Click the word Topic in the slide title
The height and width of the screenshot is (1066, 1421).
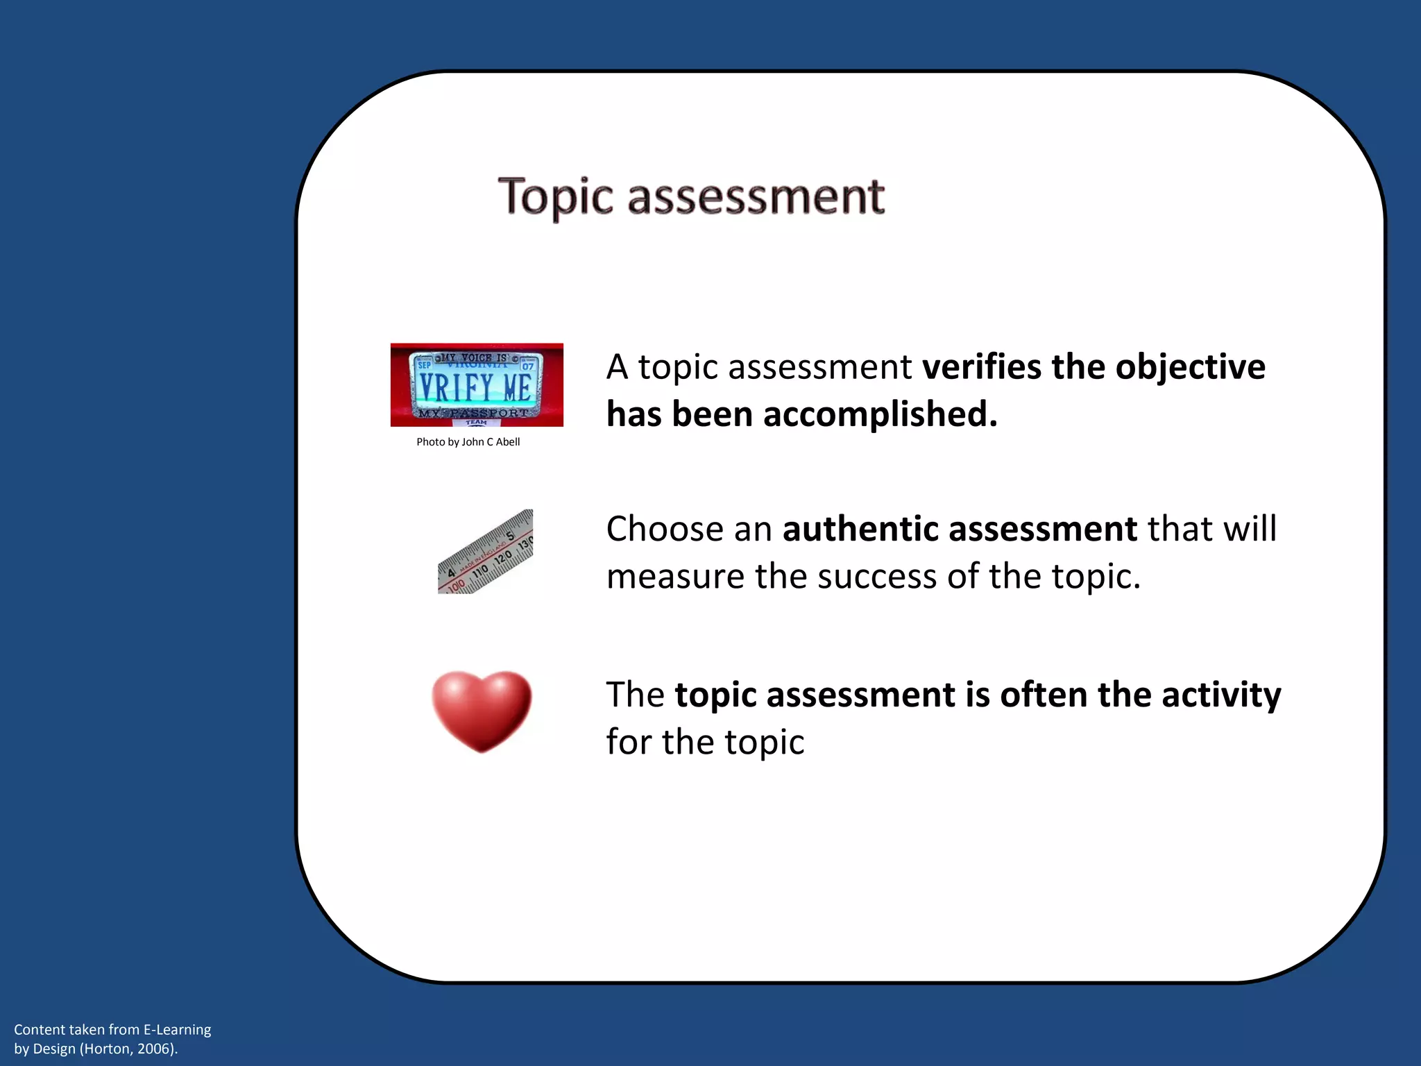[x=556, y=197]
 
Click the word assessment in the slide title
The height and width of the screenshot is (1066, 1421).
[x=756, y=197]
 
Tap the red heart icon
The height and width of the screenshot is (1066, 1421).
[x=482, y=711]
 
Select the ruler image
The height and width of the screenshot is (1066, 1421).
[x=486, y=552]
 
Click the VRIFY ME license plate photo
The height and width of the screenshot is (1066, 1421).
[x=477, y=384]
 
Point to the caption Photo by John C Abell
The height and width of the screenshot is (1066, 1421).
[x=468, y=442]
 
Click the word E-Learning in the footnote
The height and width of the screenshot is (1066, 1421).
[x=177, y=1030]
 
